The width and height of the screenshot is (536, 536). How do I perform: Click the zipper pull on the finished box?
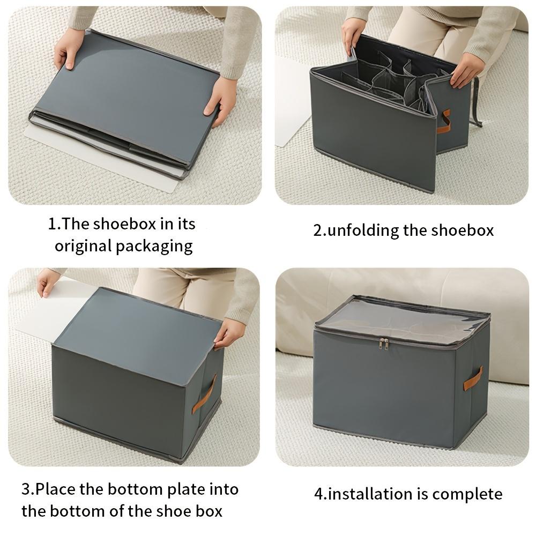(x=384, y=343)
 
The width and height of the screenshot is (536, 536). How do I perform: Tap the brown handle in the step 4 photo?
(x=473, y=378)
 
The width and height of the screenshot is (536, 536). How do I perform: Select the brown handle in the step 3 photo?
(x=205, y=393)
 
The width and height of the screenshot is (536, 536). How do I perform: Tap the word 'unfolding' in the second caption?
(x=363, y=230)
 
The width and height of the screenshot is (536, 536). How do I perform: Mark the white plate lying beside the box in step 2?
(x=292, y=102)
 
